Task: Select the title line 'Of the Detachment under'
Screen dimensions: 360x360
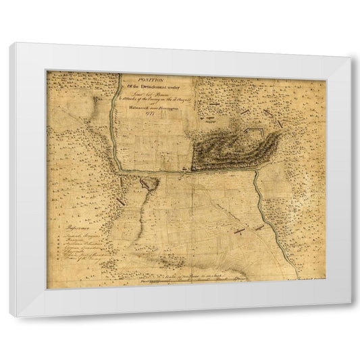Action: [153, 83]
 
